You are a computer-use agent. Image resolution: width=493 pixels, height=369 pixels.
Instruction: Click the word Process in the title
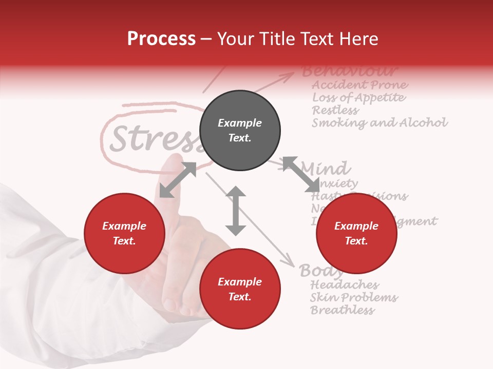161,39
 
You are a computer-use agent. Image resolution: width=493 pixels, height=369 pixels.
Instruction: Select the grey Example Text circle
240,131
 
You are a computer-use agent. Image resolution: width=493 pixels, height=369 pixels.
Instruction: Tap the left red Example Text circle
124,234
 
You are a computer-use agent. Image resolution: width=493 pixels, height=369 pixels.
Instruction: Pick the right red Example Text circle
356,234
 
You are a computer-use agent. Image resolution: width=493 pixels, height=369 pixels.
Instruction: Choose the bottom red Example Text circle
240,289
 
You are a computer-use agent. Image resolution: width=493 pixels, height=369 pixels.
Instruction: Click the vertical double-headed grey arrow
236,211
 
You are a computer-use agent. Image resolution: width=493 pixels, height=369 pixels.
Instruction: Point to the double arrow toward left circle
178,180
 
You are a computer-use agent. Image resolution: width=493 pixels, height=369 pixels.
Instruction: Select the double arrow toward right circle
301,174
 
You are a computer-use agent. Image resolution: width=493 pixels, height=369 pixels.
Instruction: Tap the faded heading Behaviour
350,71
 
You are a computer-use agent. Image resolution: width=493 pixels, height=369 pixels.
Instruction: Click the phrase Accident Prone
360,85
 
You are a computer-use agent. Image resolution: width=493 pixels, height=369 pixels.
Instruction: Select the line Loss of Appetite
358,97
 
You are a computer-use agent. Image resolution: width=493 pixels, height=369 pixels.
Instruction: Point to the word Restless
335,110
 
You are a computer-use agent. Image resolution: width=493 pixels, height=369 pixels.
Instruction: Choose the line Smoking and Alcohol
380,123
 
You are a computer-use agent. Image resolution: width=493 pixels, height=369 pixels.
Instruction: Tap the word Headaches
345,285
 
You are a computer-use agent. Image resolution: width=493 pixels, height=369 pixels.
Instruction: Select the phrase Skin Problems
354,298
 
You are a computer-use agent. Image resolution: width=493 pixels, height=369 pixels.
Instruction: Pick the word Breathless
342,310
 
